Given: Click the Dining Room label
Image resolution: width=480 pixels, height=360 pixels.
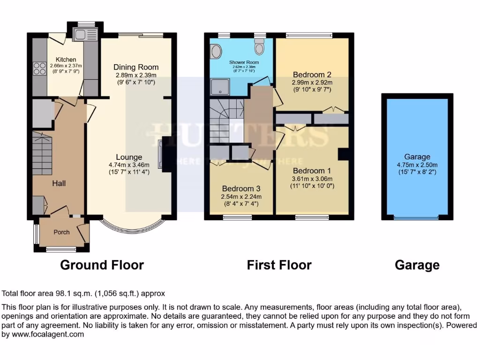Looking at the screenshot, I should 136,67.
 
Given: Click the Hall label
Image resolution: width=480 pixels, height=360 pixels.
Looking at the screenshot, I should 59,183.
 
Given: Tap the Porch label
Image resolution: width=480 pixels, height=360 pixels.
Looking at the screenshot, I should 61,232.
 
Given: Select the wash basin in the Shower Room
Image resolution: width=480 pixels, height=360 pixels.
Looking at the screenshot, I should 217,51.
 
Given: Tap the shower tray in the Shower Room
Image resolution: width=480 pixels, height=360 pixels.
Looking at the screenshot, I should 218,87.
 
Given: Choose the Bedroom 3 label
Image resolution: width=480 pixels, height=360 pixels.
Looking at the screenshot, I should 241,188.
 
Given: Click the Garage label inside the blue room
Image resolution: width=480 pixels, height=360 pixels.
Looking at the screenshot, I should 417,157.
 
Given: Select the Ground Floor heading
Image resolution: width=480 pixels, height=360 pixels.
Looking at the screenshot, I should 102,265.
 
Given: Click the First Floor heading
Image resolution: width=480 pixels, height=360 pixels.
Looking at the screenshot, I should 279,265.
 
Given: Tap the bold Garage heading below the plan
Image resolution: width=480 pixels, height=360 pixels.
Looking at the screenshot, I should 417,265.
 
